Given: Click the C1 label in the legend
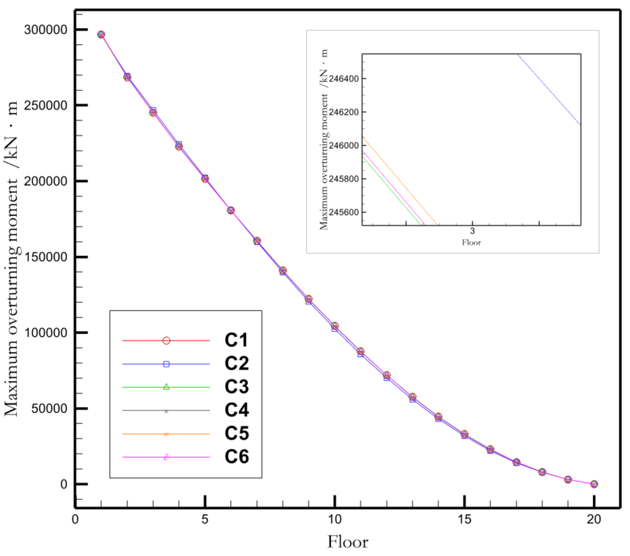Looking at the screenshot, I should [x=236, y=340].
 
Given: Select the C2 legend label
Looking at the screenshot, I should [x=236, y=363].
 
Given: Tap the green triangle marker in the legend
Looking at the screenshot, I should [x=166, y=387].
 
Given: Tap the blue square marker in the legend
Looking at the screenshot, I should [x=166, y=364].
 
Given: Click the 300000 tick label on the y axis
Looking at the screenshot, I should [x=46, y=30].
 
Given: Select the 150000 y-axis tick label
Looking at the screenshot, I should [x=46, y=257].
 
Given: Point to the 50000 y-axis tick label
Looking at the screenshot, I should [x=49, y=409].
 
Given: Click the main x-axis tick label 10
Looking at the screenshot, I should [x=335, y=520].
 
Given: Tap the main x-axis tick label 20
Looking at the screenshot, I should [x=594, y=520].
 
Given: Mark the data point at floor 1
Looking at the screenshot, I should [x=101, y=35].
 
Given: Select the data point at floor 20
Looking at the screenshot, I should [x=594, y=484].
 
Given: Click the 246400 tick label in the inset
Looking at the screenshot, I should [x=344, y=79].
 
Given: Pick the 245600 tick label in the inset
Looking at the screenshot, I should [x=344, y=212].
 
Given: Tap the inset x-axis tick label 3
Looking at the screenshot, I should [x=472, y=231].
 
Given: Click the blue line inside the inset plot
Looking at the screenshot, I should [x=549, y=90].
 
